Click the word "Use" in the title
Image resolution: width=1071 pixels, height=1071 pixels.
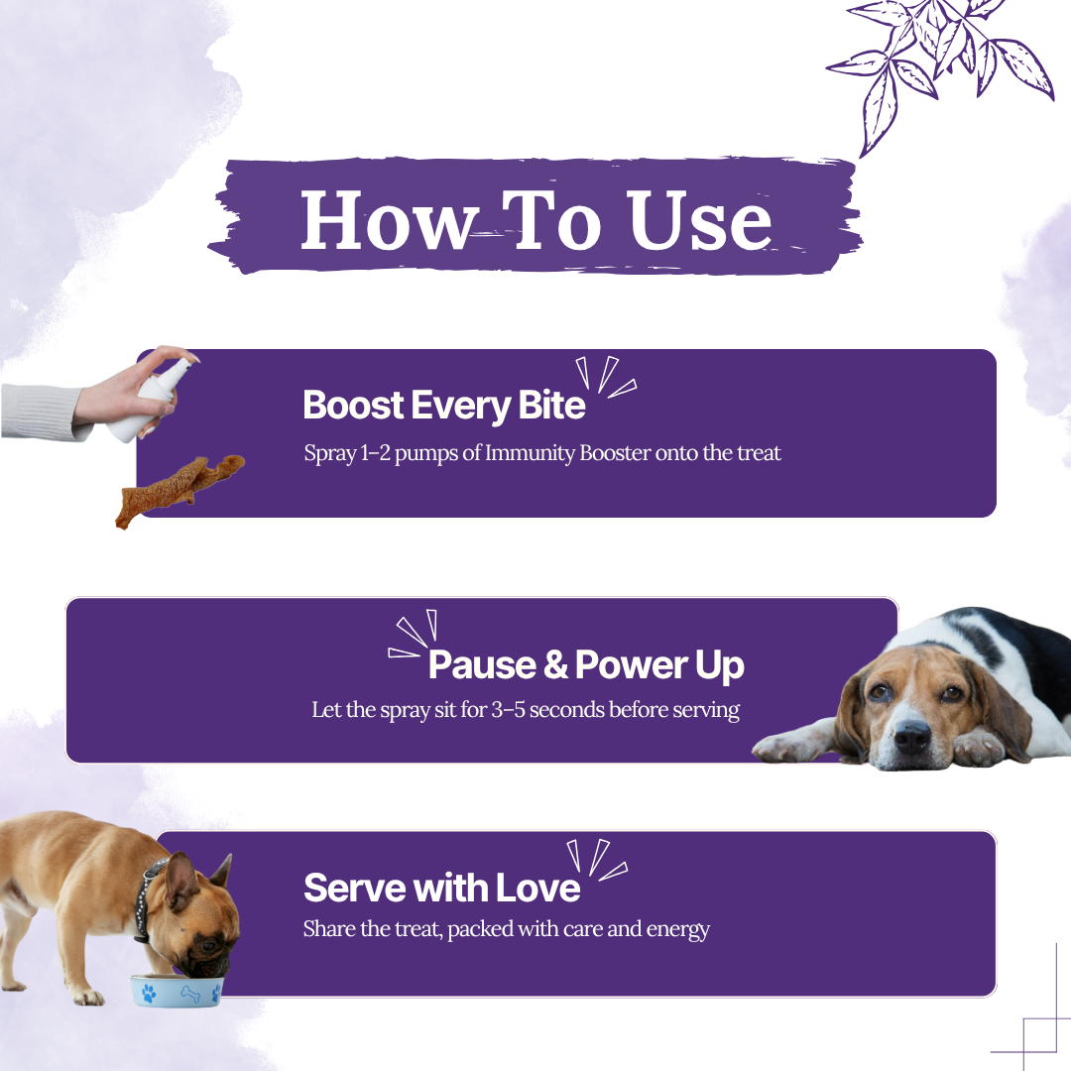(x=699, y=219)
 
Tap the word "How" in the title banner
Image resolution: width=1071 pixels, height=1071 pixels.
(x=388, y=219)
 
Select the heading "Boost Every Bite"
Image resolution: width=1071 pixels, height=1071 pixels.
(x=444, y=406)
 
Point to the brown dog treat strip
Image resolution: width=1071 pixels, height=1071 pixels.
(x=178, y=489)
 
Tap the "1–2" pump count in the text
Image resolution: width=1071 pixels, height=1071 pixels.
(x=375, y=453)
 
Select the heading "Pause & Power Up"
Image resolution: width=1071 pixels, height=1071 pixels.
(x=586, y=665)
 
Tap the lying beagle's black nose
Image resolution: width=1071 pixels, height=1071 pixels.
(x=912, y=736)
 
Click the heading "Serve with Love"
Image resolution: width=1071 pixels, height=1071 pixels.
(x=442, y=888)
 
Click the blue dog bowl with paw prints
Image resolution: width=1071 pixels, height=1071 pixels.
(x=177, y=991)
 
